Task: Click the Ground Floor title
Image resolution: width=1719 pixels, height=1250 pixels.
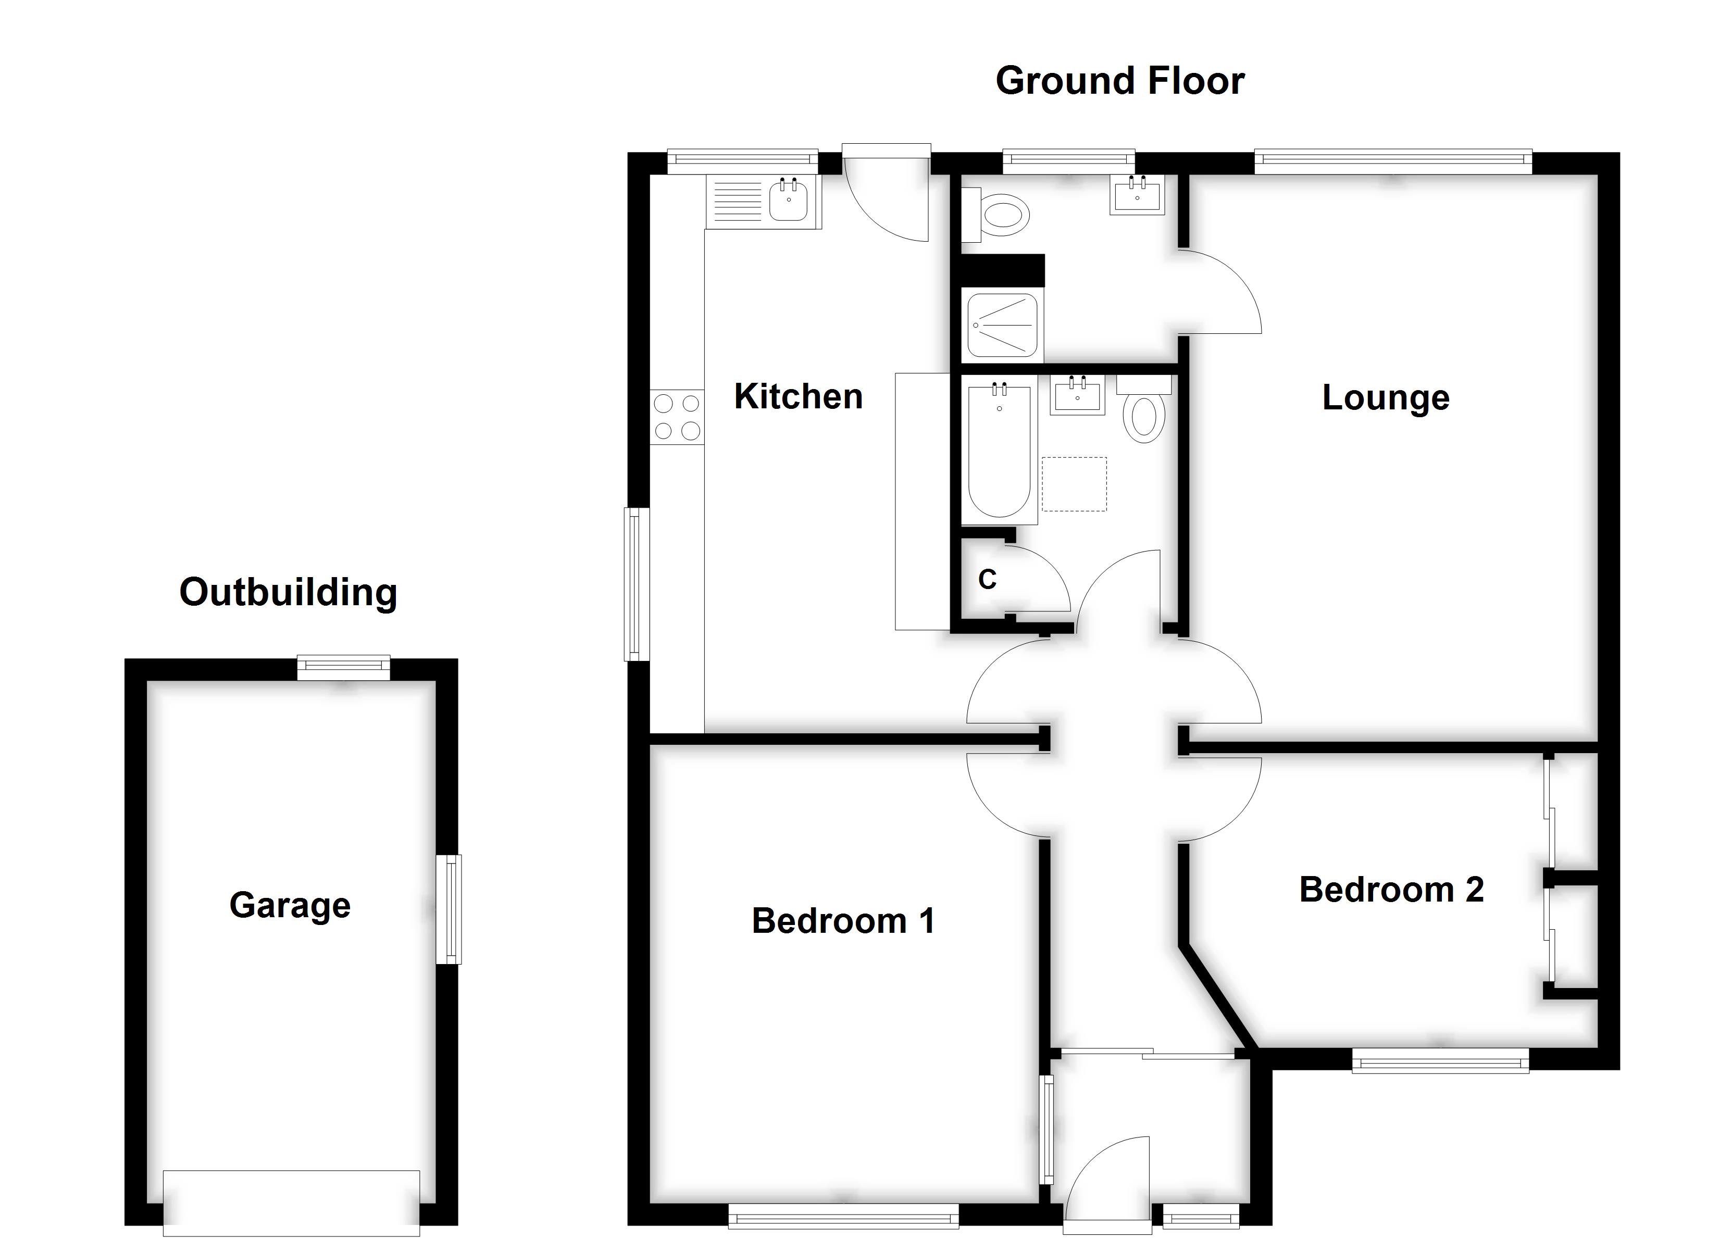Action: point(1119,81)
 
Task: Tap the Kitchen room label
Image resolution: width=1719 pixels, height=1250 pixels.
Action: point(798,396)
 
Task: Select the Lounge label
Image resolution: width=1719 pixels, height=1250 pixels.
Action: point(1386,398)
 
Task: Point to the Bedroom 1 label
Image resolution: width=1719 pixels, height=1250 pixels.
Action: point(843,921)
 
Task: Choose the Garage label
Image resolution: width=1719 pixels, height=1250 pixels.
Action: point(290,905)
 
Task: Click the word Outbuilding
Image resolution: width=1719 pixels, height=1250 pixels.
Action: point(288,592)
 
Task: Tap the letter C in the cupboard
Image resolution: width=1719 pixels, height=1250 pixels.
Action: point(987,580)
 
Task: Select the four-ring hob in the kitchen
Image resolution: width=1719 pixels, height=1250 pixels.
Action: point(677,417)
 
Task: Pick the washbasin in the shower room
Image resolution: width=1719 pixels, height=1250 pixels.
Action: point(1137,194)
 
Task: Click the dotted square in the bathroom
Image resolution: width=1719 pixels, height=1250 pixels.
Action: point(1074,484)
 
